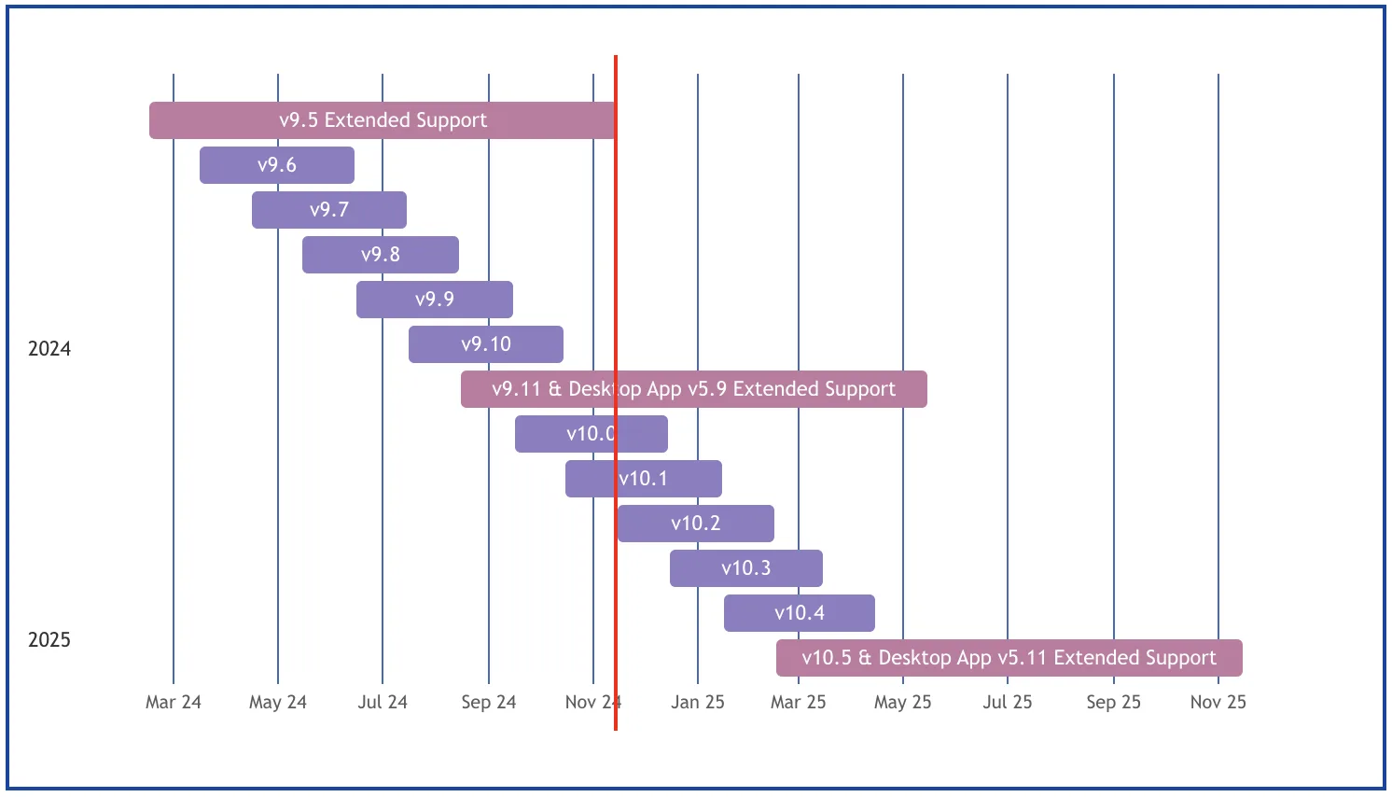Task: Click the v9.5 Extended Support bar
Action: [383, 120]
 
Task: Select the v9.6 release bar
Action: [277, 165]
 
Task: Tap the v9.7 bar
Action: [329, 209]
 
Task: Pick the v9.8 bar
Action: [381, 254]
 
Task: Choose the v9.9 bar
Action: [435, 299]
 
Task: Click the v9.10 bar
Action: [486, 343]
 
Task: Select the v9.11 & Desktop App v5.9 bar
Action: [694, 388]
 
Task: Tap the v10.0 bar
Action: [592, 433]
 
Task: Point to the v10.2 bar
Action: [696, 523]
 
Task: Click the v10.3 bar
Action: [746, 567]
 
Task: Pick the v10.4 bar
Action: [800, 612]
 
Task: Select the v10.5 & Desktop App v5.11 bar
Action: [1009, 657]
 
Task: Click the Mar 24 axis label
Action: [174, 702]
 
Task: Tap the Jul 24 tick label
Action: [383, 702]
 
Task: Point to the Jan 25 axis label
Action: [697, 702]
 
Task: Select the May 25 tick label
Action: [903, 702]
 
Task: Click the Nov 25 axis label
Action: [1218, 702]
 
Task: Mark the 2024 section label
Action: [49, 349]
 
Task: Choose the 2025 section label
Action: [49, 639]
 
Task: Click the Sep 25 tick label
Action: [1114, 702]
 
